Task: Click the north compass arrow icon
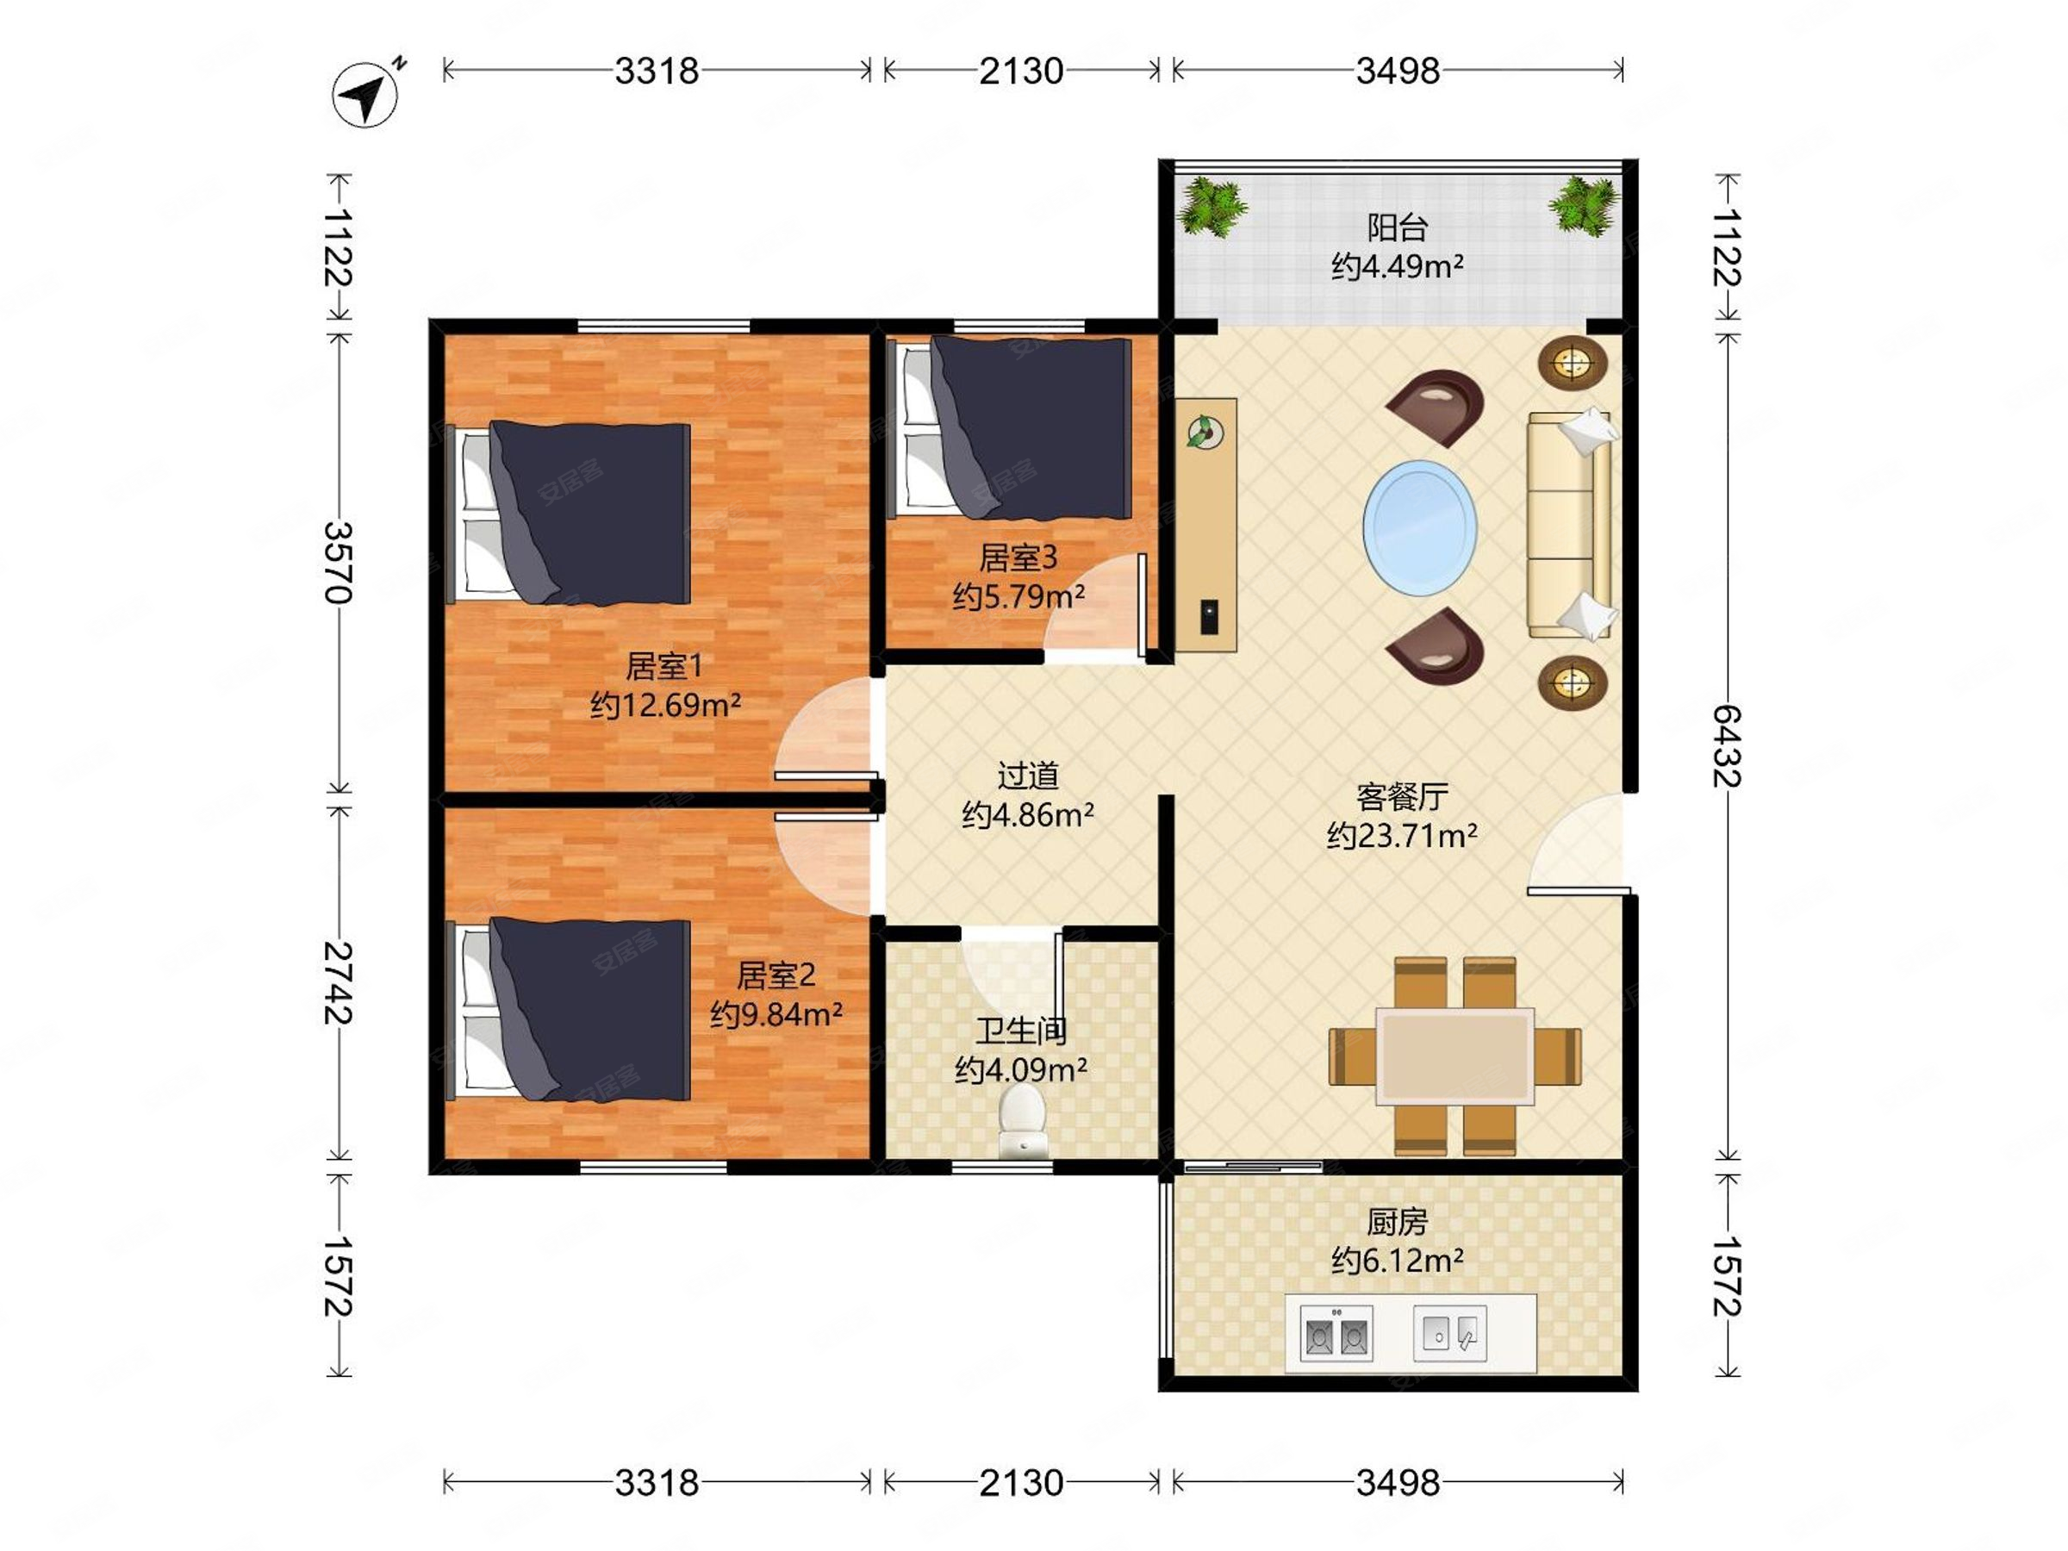(365, 93)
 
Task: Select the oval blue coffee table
(1420, 527)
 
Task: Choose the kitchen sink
(1449, 1333)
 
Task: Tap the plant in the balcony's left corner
(1212, 207)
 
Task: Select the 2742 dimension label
(339, 982)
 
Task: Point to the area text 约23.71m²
(1402, 835)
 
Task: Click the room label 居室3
(1018, 557)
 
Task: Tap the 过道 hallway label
(1028, 775)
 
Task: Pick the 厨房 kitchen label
(1398, 1222)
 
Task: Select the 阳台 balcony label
(1398, 227)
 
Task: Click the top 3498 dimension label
(1398, 71)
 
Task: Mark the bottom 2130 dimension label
(1021, 1483)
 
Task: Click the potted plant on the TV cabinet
(1205, 432)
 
